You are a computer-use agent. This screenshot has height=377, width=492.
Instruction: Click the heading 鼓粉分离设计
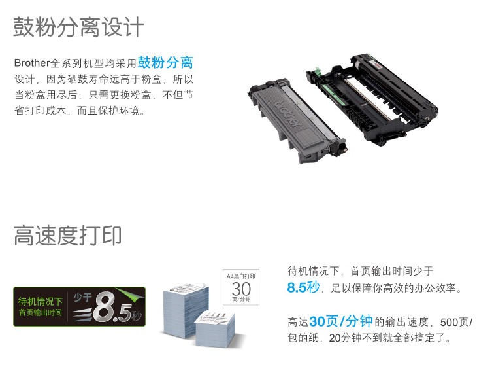pyautogui.click(x=78, y=27)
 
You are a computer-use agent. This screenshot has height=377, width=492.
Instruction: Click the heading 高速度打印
pyautogui.click(x=67, y=236)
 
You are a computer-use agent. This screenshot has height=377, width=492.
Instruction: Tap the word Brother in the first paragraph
pyautogui.click(x=32, y=63)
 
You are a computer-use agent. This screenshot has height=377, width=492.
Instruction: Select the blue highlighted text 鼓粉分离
pyautogui.click(x=165, y=62)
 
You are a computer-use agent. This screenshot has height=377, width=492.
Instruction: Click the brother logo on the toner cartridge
pyautogui.click(x=288, y=114)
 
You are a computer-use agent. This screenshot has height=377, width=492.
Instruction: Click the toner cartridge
pyautogui.click(x=297, y=120)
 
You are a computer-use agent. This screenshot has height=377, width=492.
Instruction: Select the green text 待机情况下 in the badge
pyautogui.click(x=41, y=302)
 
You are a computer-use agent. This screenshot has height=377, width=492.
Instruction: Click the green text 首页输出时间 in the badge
pyautogui.click(x=41, y=313)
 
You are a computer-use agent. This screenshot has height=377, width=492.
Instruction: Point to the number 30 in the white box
pyautogui.click(x=241, y=289)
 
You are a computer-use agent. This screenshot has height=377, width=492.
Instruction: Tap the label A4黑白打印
pyautogui.click(x=241, y=276)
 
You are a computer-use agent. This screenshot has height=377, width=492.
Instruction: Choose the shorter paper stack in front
pyautogui.click(x=215, y=329)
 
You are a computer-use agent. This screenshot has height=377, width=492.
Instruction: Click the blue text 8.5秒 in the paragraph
pyautogui.click(x=303, y=287)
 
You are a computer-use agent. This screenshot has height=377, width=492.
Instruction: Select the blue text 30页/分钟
pyautogui.click(x=341, y=321)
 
